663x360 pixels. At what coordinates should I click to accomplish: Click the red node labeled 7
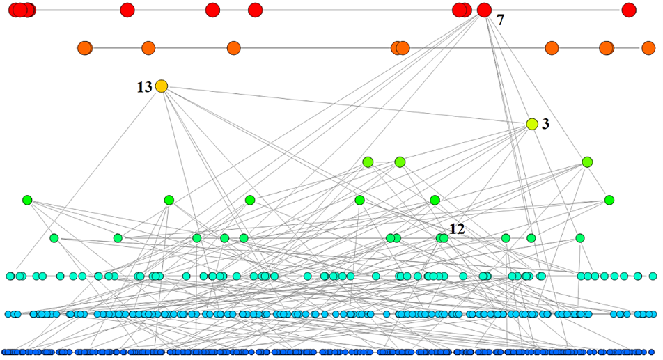(484, 10)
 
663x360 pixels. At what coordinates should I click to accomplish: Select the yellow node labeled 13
(162, 86)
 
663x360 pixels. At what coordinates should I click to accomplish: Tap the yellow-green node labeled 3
(532, 124)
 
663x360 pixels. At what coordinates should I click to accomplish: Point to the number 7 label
(500, 20)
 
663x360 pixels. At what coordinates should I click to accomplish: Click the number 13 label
(144, 87)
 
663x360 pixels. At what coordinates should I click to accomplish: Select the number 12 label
(457, 228)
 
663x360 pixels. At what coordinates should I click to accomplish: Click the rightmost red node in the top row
(629, 10)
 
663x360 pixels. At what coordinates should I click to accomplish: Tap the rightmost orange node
(648, 48)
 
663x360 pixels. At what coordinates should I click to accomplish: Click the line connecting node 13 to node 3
(348, 105)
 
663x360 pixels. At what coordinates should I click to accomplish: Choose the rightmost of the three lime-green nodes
(587, 162)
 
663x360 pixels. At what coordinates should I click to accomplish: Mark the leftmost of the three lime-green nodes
(368, 162)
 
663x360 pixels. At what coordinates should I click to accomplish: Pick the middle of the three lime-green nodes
(400, 162)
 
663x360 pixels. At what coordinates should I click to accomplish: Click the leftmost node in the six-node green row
(27, 201)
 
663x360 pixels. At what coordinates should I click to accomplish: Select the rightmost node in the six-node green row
(609, 201)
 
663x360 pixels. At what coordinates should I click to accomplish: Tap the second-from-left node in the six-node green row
(169, 201)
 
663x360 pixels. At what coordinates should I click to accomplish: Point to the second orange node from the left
(148, 48)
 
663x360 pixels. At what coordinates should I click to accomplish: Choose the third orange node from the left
(233, 48)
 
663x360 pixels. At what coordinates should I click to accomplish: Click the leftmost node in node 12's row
(54, 238)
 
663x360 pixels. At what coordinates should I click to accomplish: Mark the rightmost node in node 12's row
(579, 238)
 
